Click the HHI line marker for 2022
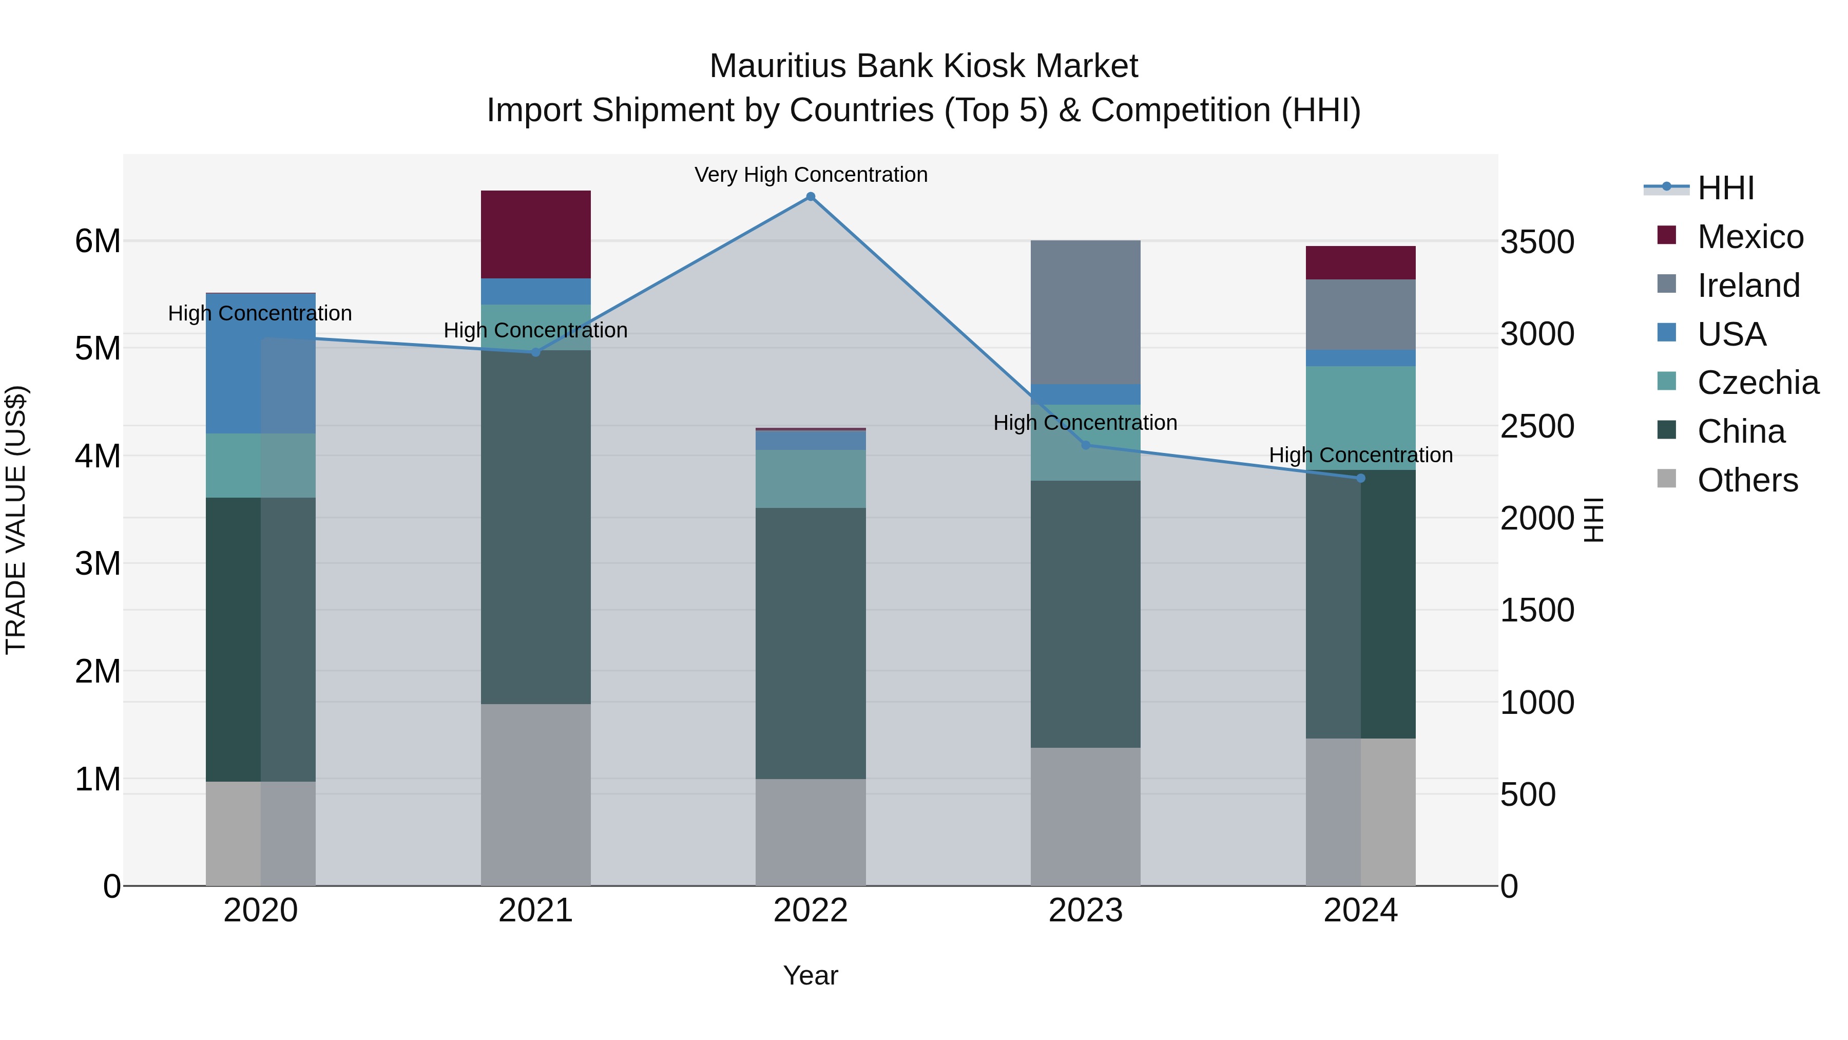tap(811, 197)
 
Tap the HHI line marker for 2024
tap(1360, 478)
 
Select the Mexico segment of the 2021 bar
tap(535, 234)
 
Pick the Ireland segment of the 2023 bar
tap(1085, 312)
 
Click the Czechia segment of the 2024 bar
tap(1360, 418)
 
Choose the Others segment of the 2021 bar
tap(535, 795)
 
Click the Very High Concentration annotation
tap(811, 175)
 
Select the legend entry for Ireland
tap(1748, 286)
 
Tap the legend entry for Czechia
tap(1758, 383)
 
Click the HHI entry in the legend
tap(1725, 188)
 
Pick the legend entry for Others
tap(1747, 480)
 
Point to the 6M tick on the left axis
tap(98, 241)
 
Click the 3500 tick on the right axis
tap(1536, 242)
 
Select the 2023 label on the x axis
tap(1085, 911)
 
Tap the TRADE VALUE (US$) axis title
tap(16, 520)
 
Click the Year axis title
tap(811, 975)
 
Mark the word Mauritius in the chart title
tap(778, 66)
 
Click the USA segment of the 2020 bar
tap(260, 363)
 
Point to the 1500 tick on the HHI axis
tap(1536, 611)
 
